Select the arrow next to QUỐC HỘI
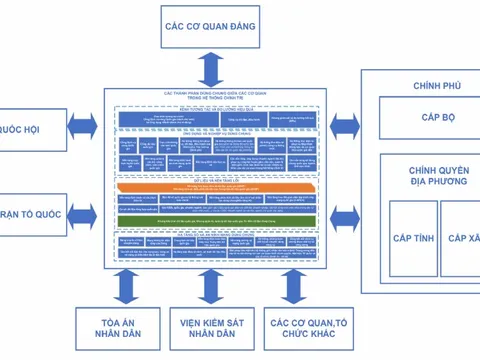(80, 129)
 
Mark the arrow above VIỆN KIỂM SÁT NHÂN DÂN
(211, 284)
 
